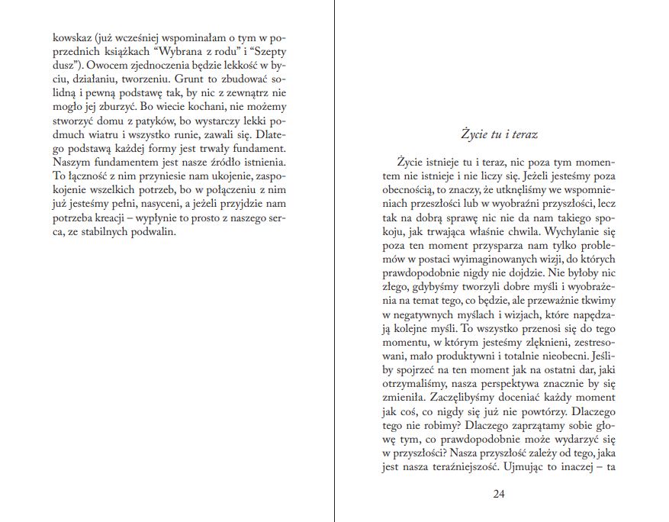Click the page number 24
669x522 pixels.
499,494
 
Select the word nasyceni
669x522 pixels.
157,204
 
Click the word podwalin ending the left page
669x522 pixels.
153,231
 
